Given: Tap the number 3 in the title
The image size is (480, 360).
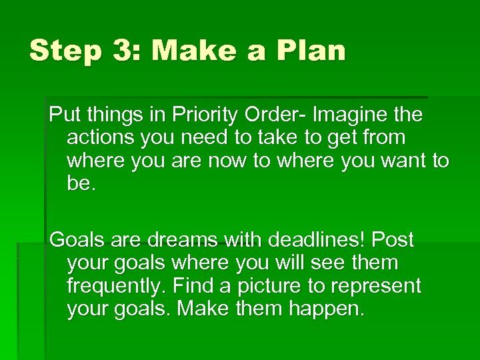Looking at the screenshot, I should tap(118, 51).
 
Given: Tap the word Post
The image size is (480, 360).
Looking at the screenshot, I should tap(393, 239).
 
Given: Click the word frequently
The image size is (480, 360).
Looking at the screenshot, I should tap(116, 287).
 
